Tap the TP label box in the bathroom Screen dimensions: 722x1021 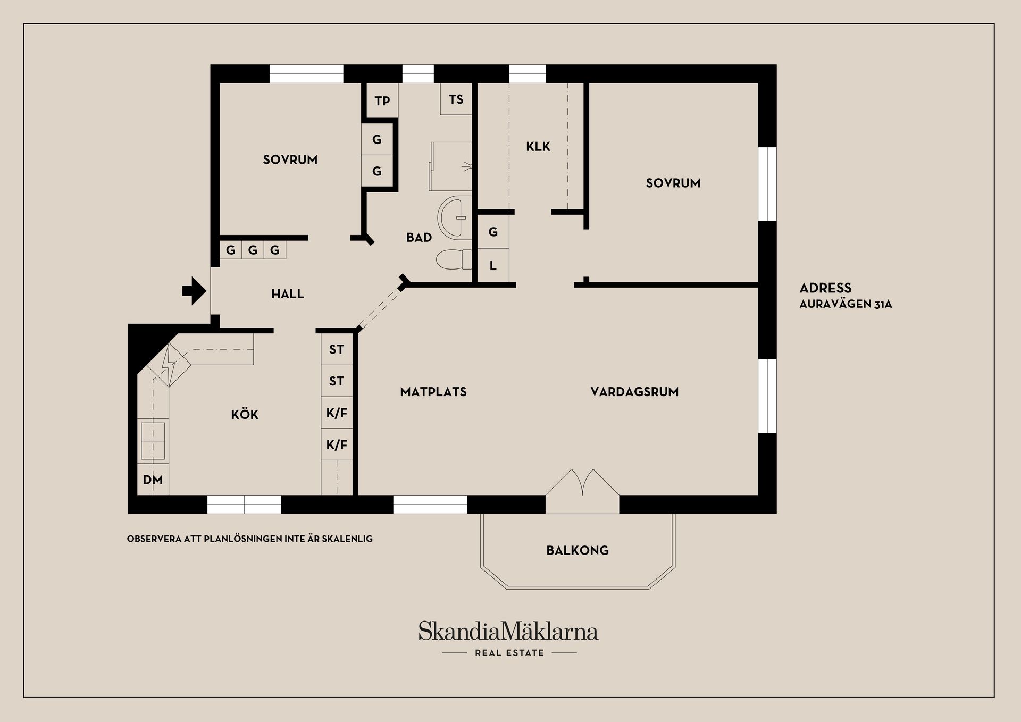[382, 100]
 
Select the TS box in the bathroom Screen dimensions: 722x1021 [456, 99]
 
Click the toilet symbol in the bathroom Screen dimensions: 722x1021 [454, 259]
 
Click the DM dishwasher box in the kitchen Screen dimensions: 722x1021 [153, 480]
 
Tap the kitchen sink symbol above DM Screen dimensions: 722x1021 [153, 441]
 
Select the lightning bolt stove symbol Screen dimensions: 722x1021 [169, 364]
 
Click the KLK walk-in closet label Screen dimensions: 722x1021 [538, 147]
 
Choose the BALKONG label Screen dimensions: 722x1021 [578, 550]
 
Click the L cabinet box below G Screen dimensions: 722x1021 [493, 266]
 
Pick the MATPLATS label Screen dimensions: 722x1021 [433, 392]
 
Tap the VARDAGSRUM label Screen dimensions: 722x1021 [634, 392]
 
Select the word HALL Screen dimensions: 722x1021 [287, 294]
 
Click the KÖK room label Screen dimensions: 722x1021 [245, 414]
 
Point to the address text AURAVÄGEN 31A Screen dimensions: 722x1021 [846, 304]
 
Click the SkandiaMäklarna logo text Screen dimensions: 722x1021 [508, 632]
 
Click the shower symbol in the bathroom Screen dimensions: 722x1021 [451, 166]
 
